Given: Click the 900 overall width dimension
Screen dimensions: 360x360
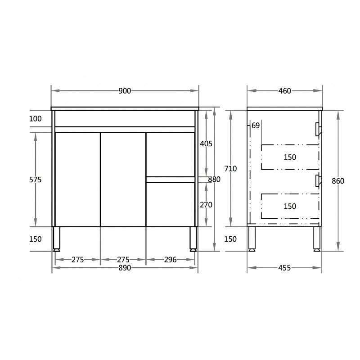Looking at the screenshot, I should tap(125, 91).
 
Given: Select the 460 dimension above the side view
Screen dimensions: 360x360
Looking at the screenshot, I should tap(284, 91).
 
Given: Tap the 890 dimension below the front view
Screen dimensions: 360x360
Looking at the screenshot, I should tap(125, 268).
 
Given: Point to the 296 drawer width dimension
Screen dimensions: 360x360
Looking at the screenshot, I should tap(170, 260).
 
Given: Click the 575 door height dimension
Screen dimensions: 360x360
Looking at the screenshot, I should tap(35, 180).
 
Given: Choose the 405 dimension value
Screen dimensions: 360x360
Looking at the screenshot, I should tap(206, 144).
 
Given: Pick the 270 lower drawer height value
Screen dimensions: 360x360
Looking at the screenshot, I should tap(206, 205).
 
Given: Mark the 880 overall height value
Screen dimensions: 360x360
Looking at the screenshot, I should tap(214, 180).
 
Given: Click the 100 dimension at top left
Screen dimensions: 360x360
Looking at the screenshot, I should tap(35, 119).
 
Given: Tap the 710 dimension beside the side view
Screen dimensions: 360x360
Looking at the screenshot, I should tap(230, 169).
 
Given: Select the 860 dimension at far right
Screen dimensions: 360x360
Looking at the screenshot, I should tap(337, 181).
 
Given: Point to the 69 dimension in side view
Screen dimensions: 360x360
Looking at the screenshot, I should tap(256, 126).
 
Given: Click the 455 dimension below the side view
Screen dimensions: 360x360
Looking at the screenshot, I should tap(284, 268).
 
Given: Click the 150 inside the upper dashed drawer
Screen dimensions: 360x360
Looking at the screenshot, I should tap(290, 157).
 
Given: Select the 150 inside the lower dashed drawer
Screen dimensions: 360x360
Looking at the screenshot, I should tap(290, 207).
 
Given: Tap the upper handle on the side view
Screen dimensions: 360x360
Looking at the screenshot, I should tap(318, 129).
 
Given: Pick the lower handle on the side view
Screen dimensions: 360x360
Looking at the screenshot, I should tap(318, 180).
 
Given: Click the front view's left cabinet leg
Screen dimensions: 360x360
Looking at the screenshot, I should tap(57, 238).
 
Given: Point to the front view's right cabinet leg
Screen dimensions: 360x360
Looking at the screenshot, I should tap(193, 238).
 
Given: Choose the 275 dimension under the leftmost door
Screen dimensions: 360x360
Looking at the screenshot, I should tap(78, 260).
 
